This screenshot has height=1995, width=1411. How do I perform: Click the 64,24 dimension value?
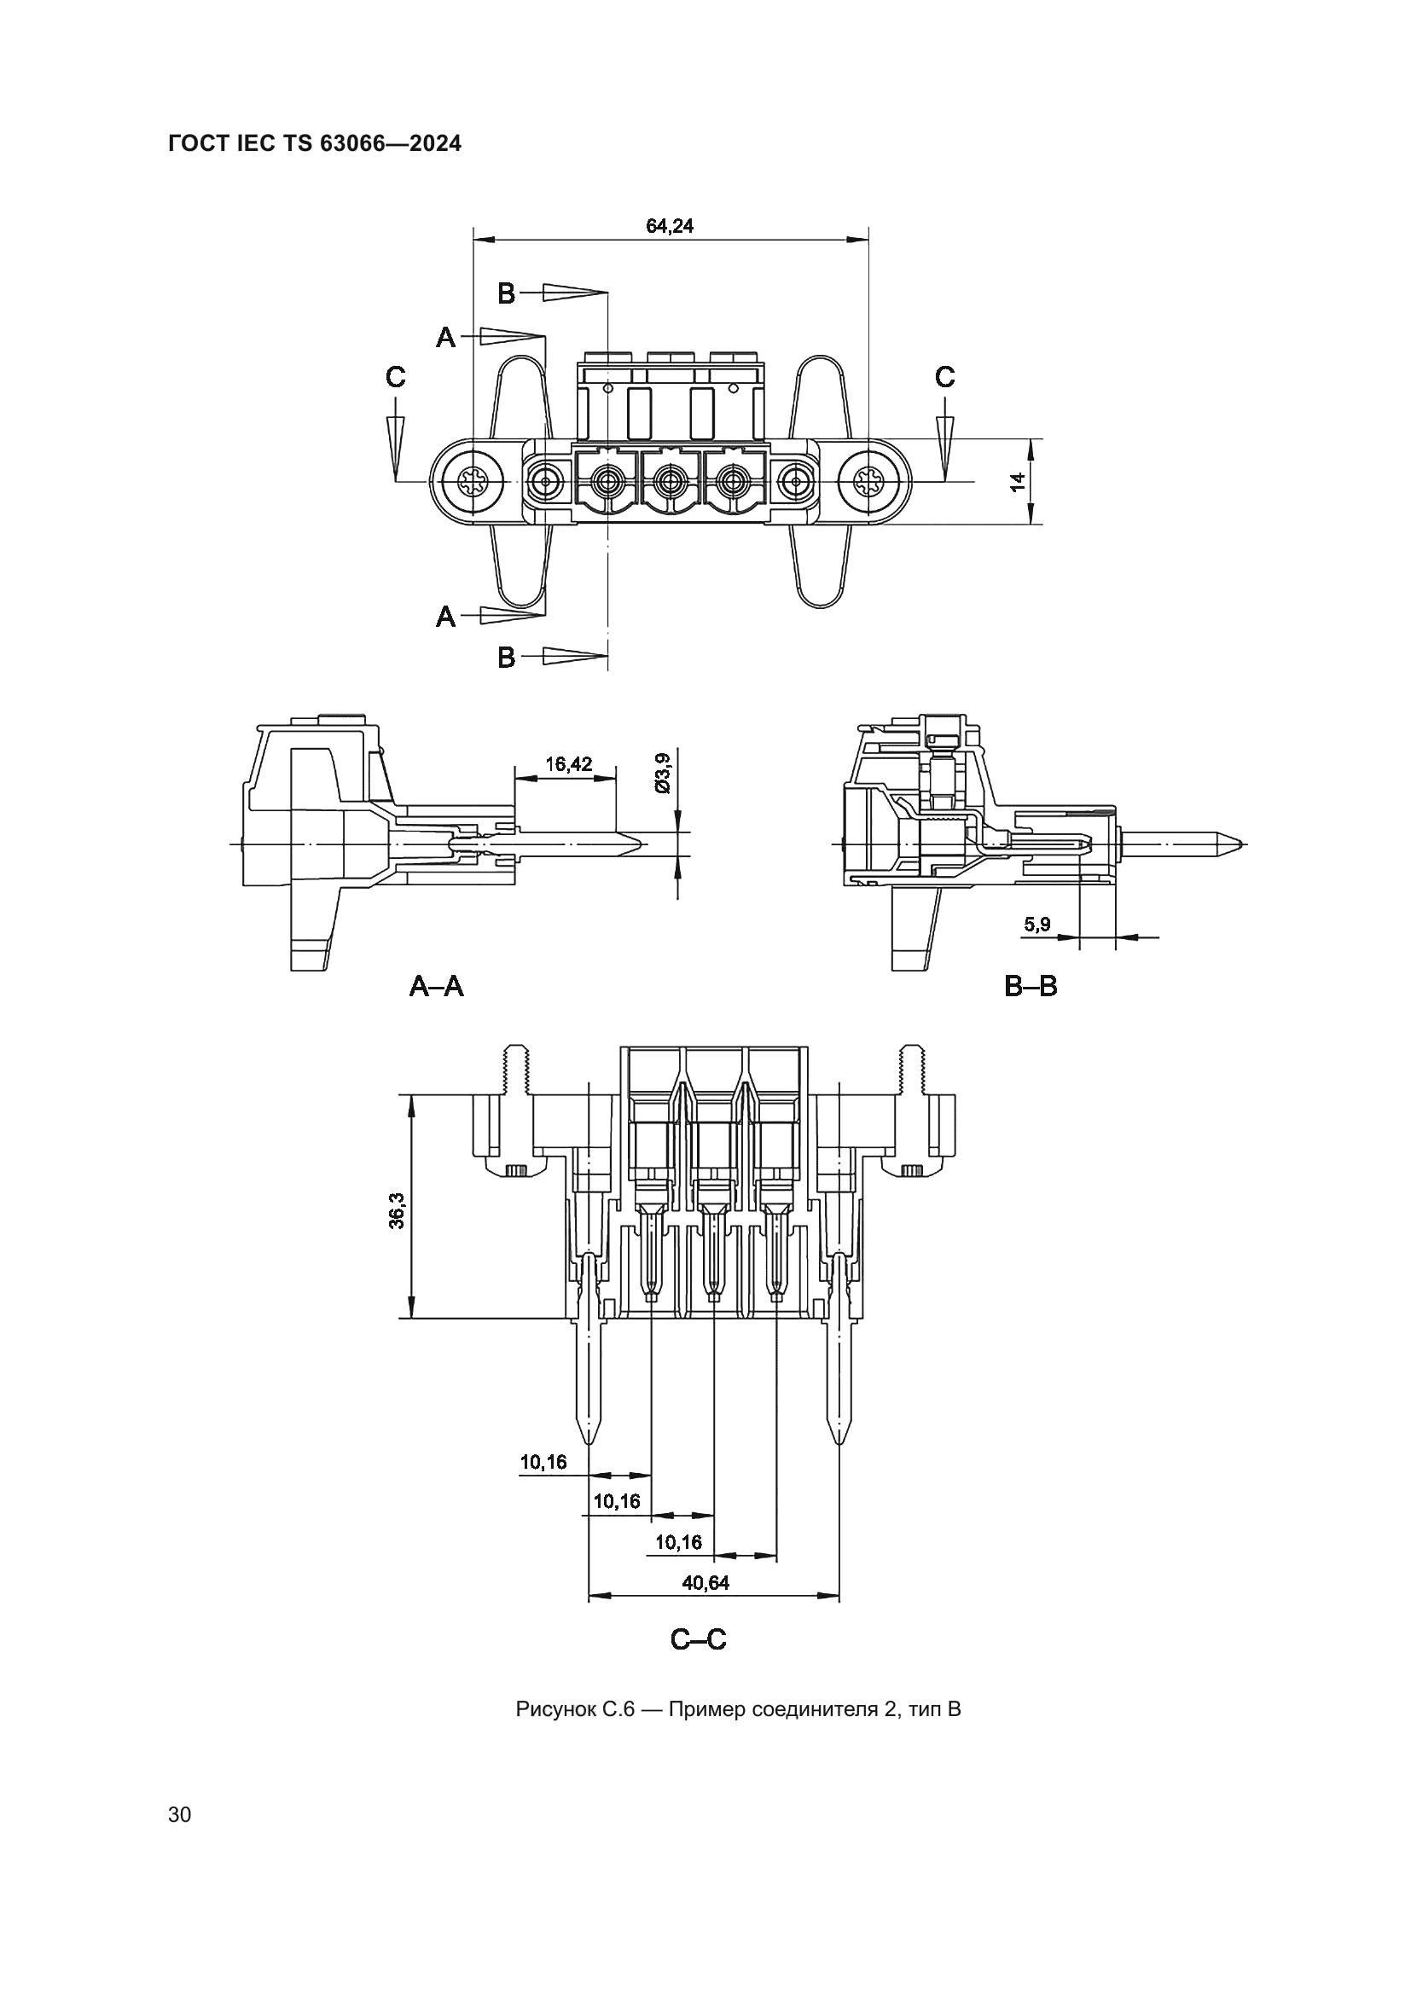669,226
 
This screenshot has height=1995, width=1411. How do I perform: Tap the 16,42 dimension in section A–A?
568,763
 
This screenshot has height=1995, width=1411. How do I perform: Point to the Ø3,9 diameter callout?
663,773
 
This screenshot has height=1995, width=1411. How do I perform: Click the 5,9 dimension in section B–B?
1036,925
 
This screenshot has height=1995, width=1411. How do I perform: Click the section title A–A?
436,986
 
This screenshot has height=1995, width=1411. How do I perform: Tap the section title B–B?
1031,986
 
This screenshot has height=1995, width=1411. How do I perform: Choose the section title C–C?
698,1639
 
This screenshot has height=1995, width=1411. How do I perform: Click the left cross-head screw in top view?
473,480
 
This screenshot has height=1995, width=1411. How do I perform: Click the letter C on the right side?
944,377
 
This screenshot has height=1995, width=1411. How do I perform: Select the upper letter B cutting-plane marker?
507,293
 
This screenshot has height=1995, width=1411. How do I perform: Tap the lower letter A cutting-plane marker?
444,617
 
